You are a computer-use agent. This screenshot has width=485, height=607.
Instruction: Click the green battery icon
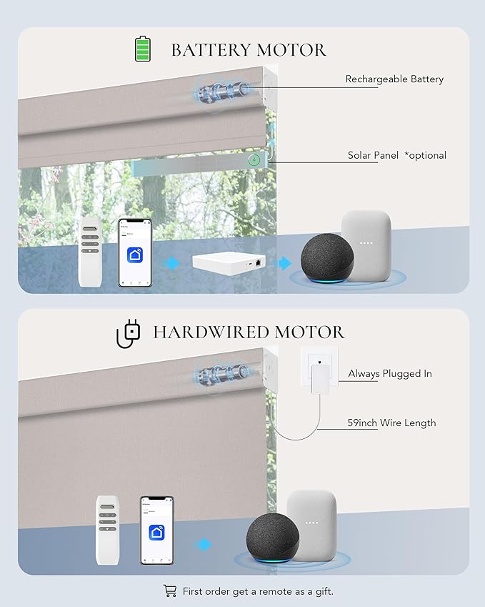tap(142, 49)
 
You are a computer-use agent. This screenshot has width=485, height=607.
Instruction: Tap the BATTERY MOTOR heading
tap(249, 50)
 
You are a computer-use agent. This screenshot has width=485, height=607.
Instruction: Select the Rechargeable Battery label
tap(394, 79)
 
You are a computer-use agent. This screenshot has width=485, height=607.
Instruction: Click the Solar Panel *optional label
tap(397, 155)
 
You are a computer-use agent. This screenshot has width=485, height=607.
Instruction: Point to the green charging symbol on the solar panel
tap(254, 160)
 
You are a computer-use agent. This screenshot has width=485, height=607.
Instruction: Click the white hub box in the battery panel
tap(231, 263)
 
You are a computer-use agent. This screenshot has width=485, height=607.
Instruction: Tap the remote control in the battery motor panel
tap(90, 252)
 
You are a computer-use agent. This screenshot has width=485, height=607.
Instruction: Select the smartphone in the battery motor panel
tap(134, 253)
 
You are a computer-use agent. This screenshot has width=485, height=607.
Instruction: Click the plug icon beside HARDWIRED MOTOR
tap(129, 333)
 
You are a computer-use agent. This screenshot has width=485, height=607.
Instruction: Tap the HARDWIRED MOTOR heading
tap(249, 332)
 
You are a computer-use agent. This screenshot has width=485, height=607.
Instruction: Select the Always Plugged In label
tap(390, 374)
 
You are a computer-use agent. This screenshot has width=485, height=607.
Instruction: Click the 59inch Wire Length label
tap(391, 423)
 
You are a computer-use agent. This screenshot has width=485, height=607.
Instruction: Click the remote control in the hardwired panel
tap(108, 530)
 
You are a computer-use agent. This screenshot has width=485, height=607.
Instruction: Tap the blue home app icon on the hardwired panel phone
tap(156, 533)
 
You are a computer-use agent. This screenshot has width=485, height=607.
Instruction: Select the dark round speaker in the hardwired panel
tap(272, 538)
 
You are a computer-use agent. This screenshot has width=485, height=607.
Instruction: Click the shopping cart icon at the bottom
tap(170, 591)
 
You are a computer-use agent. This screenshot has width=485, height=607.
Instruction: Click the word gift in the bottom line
tap(324, 591)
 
